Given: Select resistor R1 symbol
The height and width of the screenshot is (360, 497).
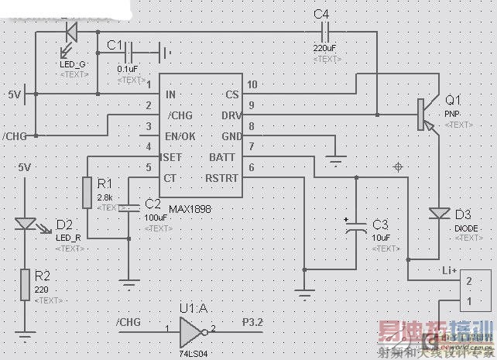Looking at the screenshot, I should pos(88,191).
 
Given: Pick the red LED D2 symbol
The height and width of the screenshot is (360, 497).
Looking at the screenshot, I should pos(25,224).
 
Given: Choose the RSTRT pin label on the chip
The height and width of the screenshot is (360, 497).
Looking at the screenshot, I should pos(221,179).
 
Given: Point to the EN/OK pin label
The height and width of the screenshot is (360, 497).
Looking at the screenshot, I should pos(180,136).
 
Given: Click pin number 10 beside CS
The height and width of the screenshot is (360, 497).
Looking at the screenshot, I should pos(252,84).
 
